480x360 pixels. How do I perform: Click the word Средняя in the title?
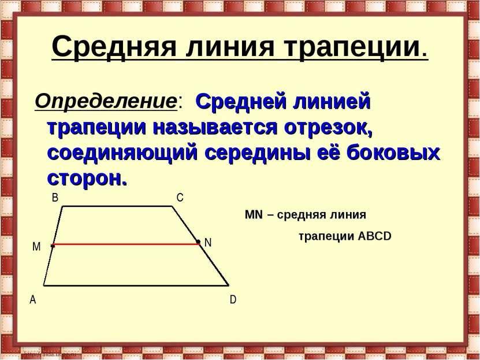pyautogui.click(x=114, y=47)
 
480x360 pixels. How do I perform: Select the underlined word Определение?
pyautogui.click(x=106, y=101)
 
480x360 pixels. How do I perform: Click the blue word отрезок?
pyautogui.click(x=328, y=128)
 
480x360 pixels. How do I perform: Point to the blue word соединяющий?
pyautogui.click(x=122, y=153)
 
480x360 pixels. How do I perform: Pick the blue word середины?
pyautogui.click(x=256, y=153)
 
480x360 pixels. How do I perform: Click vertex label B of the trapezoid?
pyautogui.click(x=55, y=198)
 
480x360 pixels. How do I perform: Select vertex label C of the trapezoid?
pyautogui.click(x=180, y=198)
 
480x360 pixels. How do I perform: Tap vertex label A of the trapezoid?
pyautogui.click(x=33, y=300)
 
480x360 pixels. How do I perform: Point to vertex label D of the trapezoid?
pyautogui.click(x=233, y=300)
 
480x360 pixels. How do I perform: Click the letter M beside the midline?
pyautogui.click(x=36, y=246)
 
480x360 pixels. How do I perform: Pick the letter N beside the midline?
pyautogui.click(x=208, y=243)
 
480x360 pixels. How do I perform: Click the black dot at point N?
pyautogui.click(x=198, y=242)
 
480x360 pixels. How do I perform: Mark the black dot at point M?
pyautogui.click(x=53, y=246)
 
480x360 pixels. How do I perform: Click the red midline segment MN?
pyautogui.click(x=126, y=244)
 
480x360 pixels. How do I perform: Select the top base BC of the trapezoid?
pyautogui.click(x=118, y=206)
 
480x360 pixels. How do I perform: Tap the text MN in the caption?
pyautogui.click(x=254, y=214)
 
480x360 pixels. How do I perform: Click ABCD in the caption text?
pyautogui.click(x=374, y=236)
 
